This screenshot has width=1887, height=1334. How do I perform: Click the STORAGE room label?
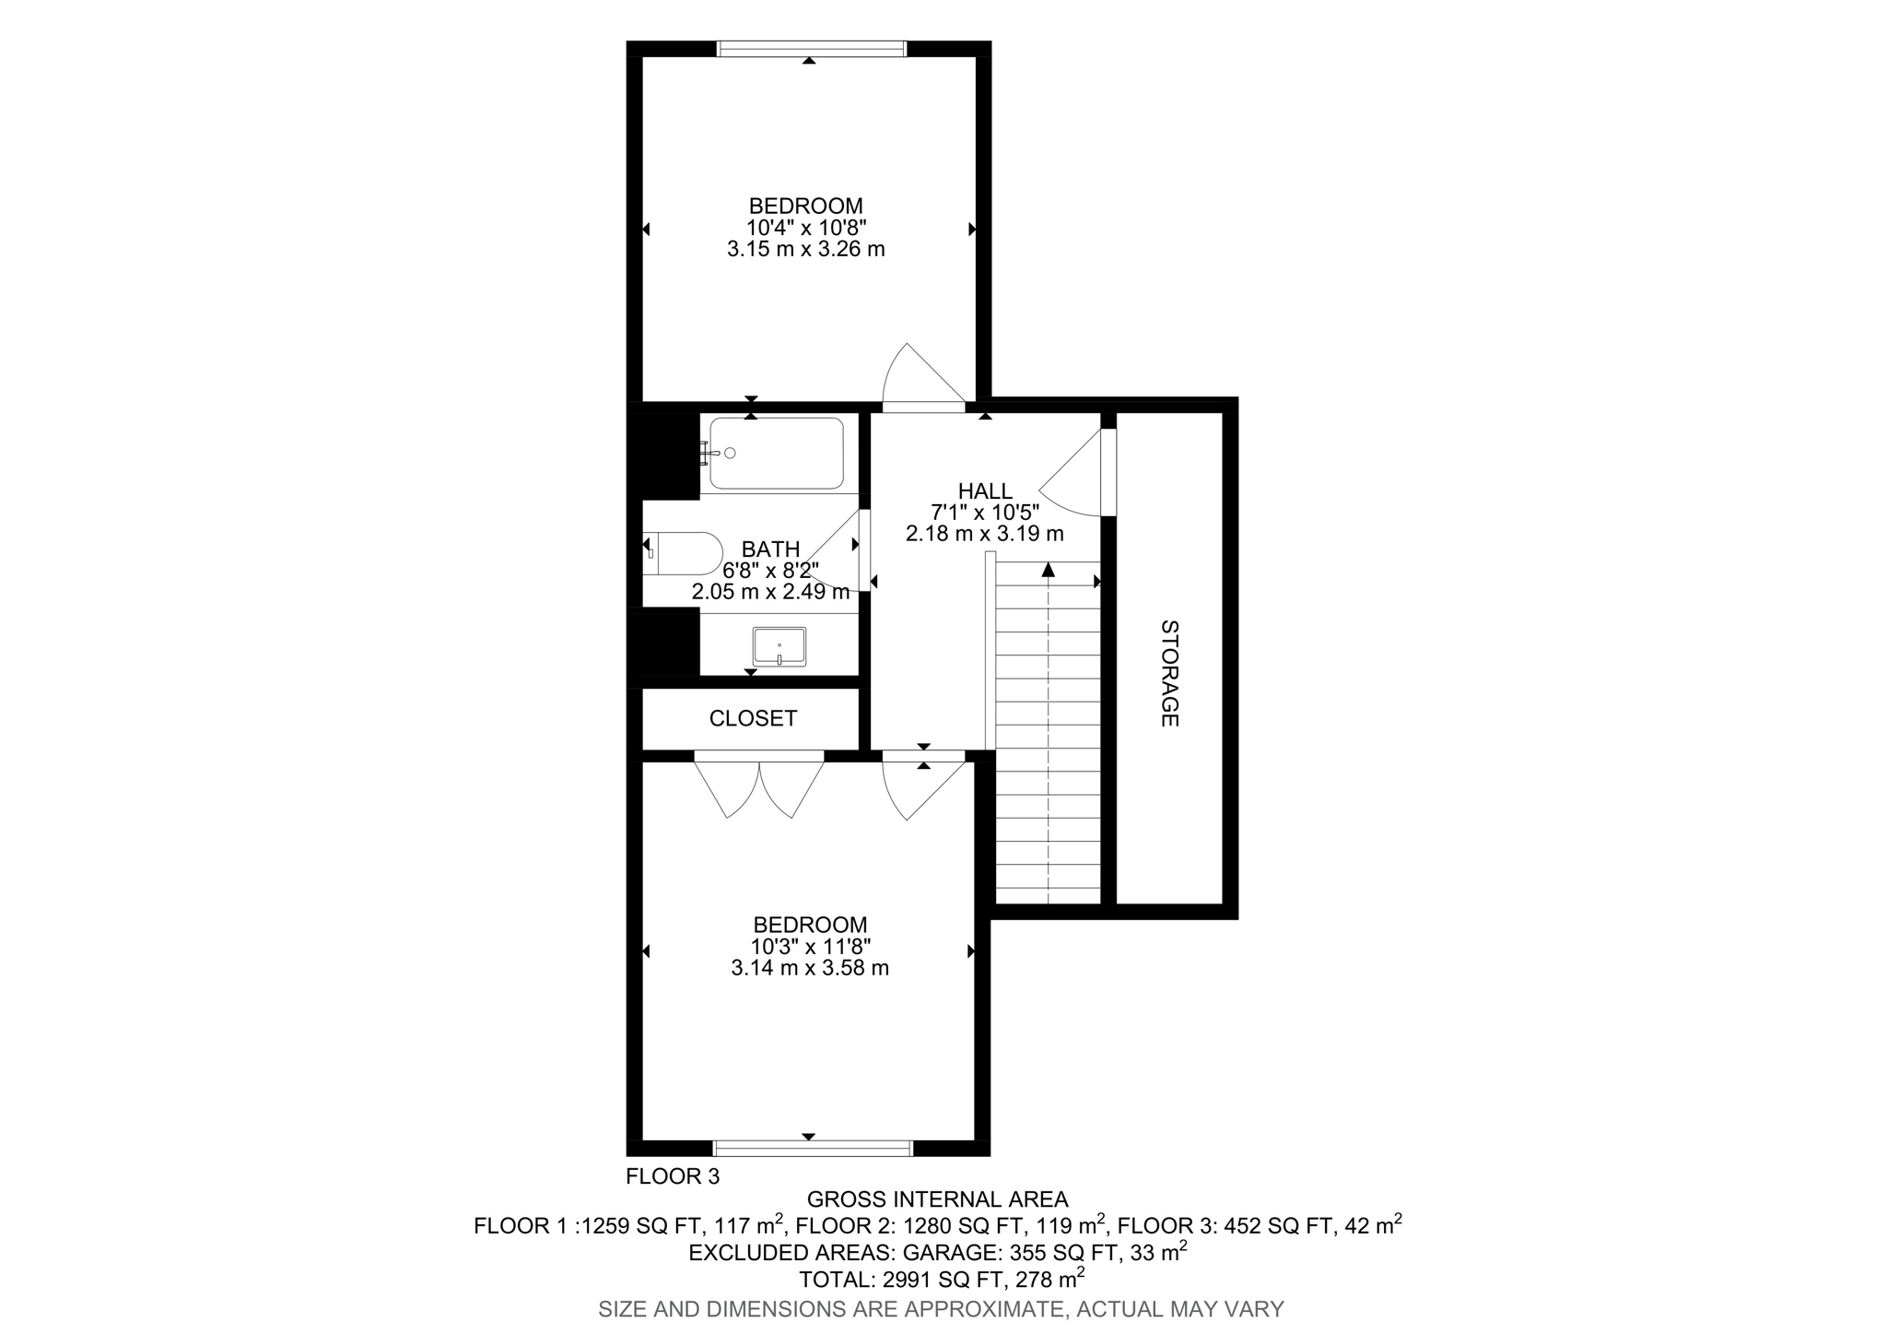point(1169,673)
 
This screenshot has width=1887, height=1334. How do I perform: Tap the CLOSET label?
point(753,718)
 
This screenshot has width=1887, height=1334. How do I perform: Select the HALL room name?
point(985,491)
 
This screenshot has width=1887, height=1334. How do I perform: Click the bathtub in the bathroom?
point(776,453)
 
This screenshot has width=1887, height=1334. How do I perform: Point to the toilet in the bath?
point(684,553)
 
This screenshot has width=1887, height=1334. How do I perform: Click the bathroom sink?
point(779,646)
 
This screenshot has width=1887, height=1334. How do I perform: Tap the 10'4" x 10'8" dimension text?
point(806,228)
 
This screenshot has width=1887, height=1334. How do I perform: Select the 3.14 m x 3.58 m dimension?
point(810,968)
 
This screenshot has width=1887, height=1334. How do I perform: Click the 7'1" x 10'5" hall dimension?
point(985,513)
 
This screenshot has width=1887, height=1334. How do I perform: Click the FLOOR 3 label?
point(673,1176)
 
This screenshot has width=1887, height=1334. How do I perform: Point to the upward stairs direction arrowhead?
point(1049,570)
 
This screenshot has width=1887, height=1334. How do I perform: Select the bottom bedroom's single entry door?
point(921,788)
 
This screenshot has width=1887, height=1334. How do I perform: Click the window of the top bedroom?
point(811,49)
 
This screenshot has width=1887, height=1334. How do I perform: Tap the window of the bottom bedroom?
point(813,1148)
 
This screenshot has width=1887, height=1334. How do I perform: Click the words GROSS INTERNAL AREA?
point(937,1199)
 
